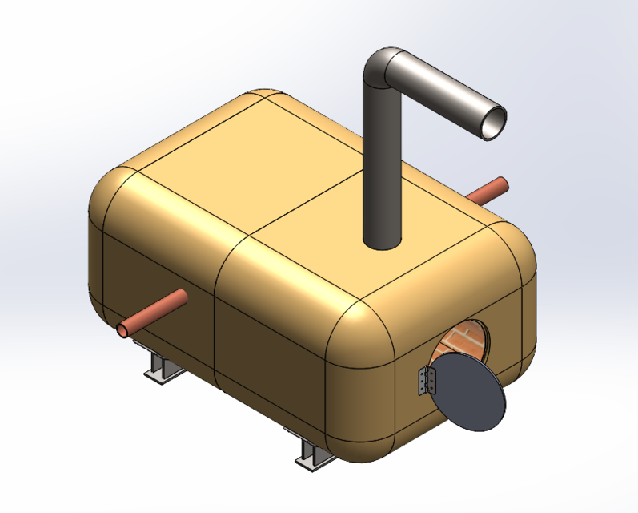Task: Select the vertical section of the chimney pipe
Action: pyautogui.click(x=381, y=160)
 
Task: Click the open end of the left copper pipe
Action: pyautogui.click(x=126, y=329)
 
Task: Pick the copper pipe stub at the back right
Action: pyautogui.click(x=489, y=190)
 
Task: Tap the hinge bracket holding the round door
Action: pyautogui.click(x=425, y=378)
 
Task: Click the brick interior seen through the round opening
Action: pyautogui.click(x=463, y=341)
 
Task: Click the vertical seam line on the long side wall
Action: pyautogui.click(x=217, y=321)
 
